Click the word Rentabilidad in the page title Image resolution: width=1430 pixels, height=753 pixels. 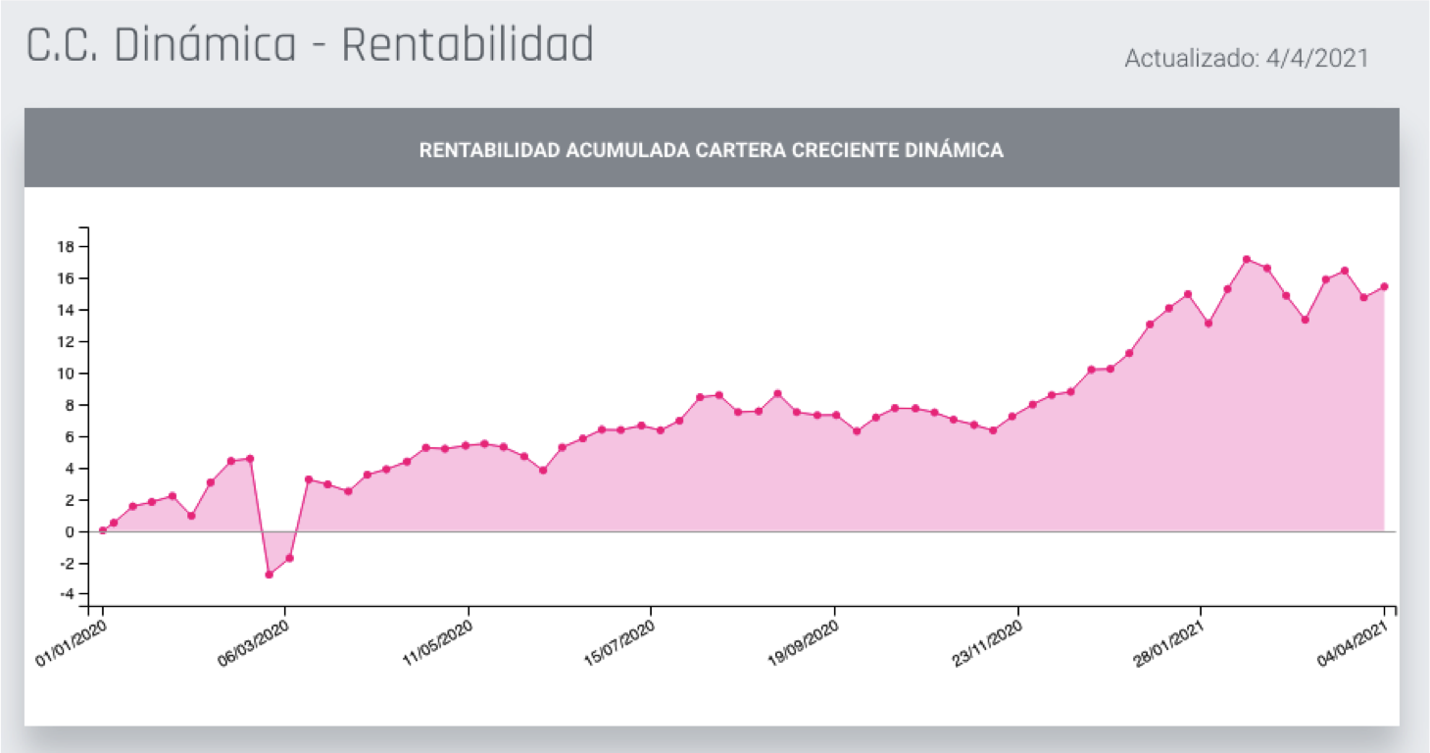(468, 45)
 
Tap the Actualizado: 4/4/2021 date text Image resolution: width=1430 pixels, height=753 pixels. (1246, 58)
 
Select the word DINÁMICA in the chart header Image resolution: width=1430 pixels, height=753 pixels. (955, 150)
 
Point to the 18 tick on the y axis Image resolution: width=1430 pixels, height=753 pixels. (66, 246)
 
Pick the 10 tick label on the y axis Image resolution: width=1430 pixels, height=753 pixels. (66, 373)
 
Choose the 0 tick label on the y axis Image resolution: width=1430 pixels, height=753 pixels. (70, 531)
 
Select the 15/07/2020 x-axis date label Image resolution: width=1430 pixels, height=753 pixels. (617, 643)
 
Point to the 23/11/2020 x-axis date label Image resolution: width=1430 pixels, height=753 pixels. (985, 643)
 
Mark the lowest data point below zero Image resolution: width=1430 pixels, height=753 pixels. (269, 574)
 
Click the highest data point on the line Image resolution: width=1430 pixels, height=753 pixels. (1246, 259)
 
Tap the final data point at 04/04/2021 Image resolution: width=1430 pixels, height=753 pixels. (1384, 286)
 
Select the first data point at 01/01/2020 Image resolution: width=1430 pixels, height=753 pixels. (103, 530)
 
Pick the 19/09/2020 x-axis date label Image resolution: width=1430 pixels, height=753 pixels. (801, 643)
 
